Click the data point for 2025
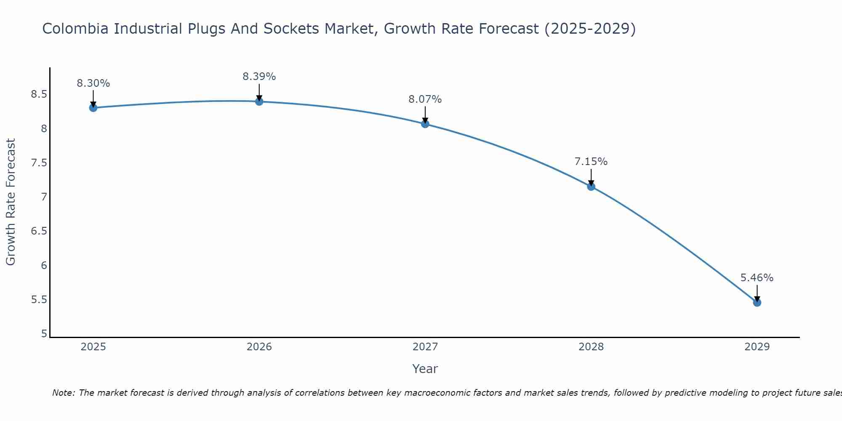(x=93, y=108)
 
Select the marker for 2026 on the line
(x=259, y=101)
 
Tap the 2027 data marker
(x=425, y=124)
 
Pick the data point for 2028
(x=591, y=187)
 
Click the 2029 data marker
(x=757, y=302)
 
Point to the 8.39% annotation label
(x=259, y=77)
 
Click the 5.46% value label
(x=757, y=278)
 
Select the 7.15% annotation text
(x=591, y=162)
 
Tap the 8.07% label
(x=425, y=99)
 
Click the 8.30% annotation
(x=93, y=83)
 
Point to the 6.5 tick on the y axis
(x=39, y=231)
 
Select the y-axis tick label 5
(x=44, y=334)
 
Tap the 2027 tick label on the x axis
(x=425, y=347)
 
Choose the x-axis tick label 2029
(x=757, y=347)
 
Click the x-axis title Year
(x=425, y=369)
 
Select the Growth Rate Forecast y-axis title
(x=11, y=202)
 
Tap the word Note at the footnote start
(x=63, y=393)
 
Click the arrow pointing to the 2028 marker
(x=591, y=177)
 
